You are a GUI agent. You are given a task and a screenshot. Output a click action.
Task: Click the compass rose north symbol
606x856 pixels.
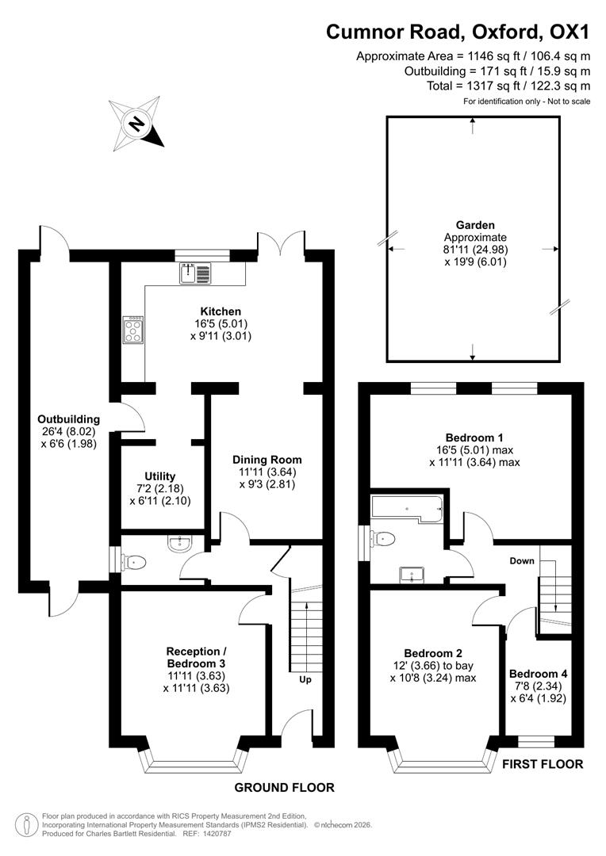pyautogui.click(x=136, y=124)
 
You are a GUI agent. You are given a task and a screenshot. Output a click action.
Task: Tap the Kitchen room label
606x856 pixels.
pyautogui.click(x=221, y=311)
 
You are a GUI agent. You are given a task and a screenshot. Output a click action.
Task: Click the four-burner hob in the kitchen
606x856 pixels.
pyautogui.click(x=132, y=329)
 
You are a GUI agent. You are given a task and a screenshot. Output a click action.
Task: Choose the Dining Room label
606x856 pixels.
pyautogui.click(x=267, y=460)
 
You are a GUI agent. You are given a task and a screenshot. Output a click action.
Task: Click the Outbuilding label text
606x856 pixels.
pyautogui.click(x=69, y=419)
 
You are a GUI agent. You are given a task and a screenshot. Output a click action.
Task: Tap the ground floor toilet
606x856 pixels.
pyautogui.click(x=134, y=562)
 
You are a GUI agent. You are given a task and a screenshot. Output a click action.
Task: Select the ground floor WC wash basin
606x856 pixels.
pyautogui.click(x=180, y=543)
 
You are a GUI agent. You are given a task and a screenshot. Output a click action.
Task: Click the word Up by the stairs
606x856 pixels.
pyautogui.click(x=305, y=680)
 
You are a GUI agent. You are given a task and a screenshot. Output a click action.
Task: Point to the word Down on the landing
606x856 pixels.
pyautogui.click(x=522, y=561)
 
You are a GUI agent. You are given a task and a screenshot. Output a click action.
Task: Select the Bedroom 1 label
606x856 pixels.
pyautogui.click(x=474, y=438)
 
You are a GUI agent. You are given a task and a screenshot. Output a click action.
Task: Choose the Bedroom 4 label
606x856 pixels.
pyautogui.click(x=538, y=674)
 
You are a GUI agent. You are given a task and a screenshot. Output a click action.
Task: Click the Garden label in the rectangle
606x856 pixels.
pyautogui.click(x=475, y=225)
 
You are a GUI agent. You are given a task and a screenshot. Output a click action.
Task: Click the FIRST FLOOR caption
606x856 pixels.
pyautogui.click(x=543, y=765)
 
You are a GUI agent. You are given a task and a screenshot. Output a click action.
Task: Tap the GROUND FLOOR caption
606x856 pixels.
pyautogui.click(x=284, y=787)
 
